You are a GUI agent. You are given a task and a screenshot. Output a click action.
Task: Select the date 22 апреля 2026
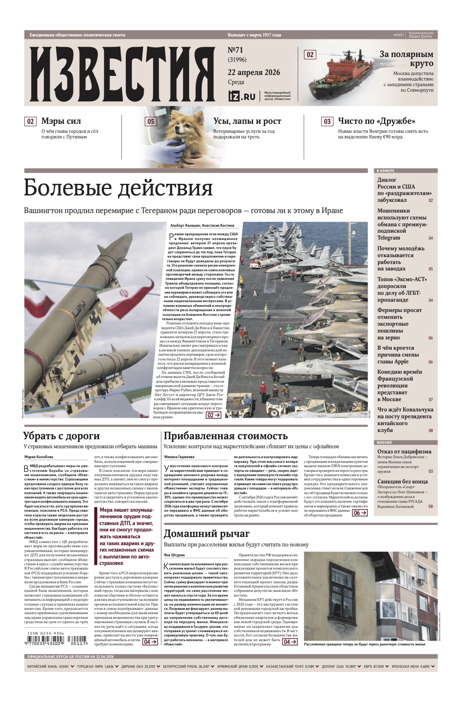pyautogui.click(x=254, y=72)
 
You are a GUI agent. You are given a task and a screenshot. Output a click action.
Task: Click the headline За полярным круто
pyautogui.click(x=406, y=59)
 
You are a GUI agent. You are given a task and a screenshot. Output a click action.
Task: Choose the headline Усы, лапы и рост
pyautogui.click(x=247, y=121)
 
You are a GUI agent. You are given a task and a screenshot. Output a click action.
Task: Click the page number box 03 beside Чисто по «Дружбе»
pyautogui.click(x=327, y=121)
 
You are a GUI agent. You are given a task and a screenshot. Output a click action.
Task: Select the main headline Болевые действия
pyautogui.click(x=118, y=188)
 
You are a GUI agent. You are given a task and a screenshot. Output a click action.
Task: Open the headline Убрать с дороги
pyautogui.click(x=61, y=436)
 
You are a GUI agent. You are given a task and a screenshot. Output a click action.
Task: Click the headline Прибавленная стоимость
pyautogui.click(x=226, y=436)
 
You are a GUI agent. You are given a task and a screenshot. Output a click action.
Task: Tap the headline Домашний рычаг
pyautogui.click(x=206, y=534)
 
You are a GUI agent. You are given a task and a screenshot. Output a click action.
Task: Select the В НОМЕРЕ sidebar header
pyautogui.click(x=385, y=171)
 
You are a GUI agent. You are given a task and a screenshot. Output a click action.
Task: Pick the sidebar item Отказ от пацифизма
pyautogui.click(x=404, y=451)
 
